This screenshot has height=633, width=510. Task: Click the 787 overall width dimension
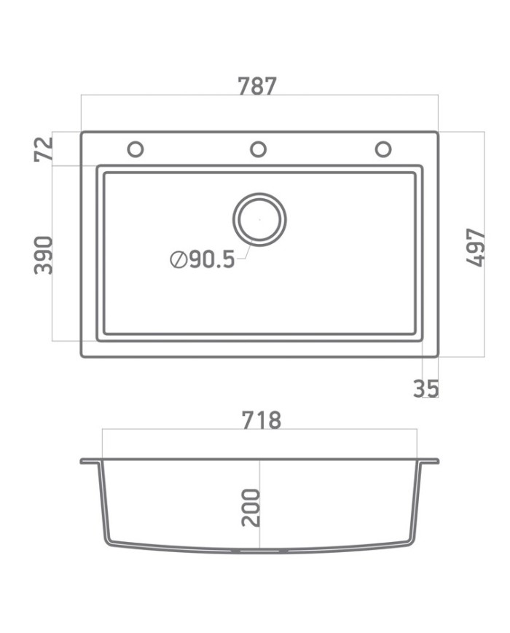257,86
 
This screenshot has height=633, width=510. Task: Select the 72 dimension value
44,149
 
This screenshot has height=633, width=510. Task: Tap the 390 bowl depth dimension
44,254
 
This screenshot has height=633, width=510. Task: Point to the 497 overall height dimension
475,247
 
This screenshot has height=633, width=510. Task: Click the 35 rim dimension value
426,389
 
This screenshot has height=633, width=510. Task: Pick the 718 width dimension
260,420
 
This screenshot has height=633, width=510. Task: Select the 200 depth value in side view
250,508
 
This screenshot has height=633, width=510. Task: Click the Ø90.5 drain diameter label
203,259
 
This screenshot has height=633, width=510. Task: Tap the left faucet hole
135,149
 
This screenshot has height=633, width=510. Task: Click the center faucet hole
258,149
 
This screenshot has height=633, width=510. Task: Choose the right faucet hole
382,149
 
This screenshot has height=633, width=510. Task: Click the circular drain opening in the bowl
259,219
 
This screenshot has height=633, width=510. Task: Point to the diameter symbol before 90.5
177,259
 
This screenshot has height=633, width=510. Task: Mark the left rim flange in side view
90,461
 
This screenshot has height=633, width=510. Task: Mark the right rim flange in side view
429,461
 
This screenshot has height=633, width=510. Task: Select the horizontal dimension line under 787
182,95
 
